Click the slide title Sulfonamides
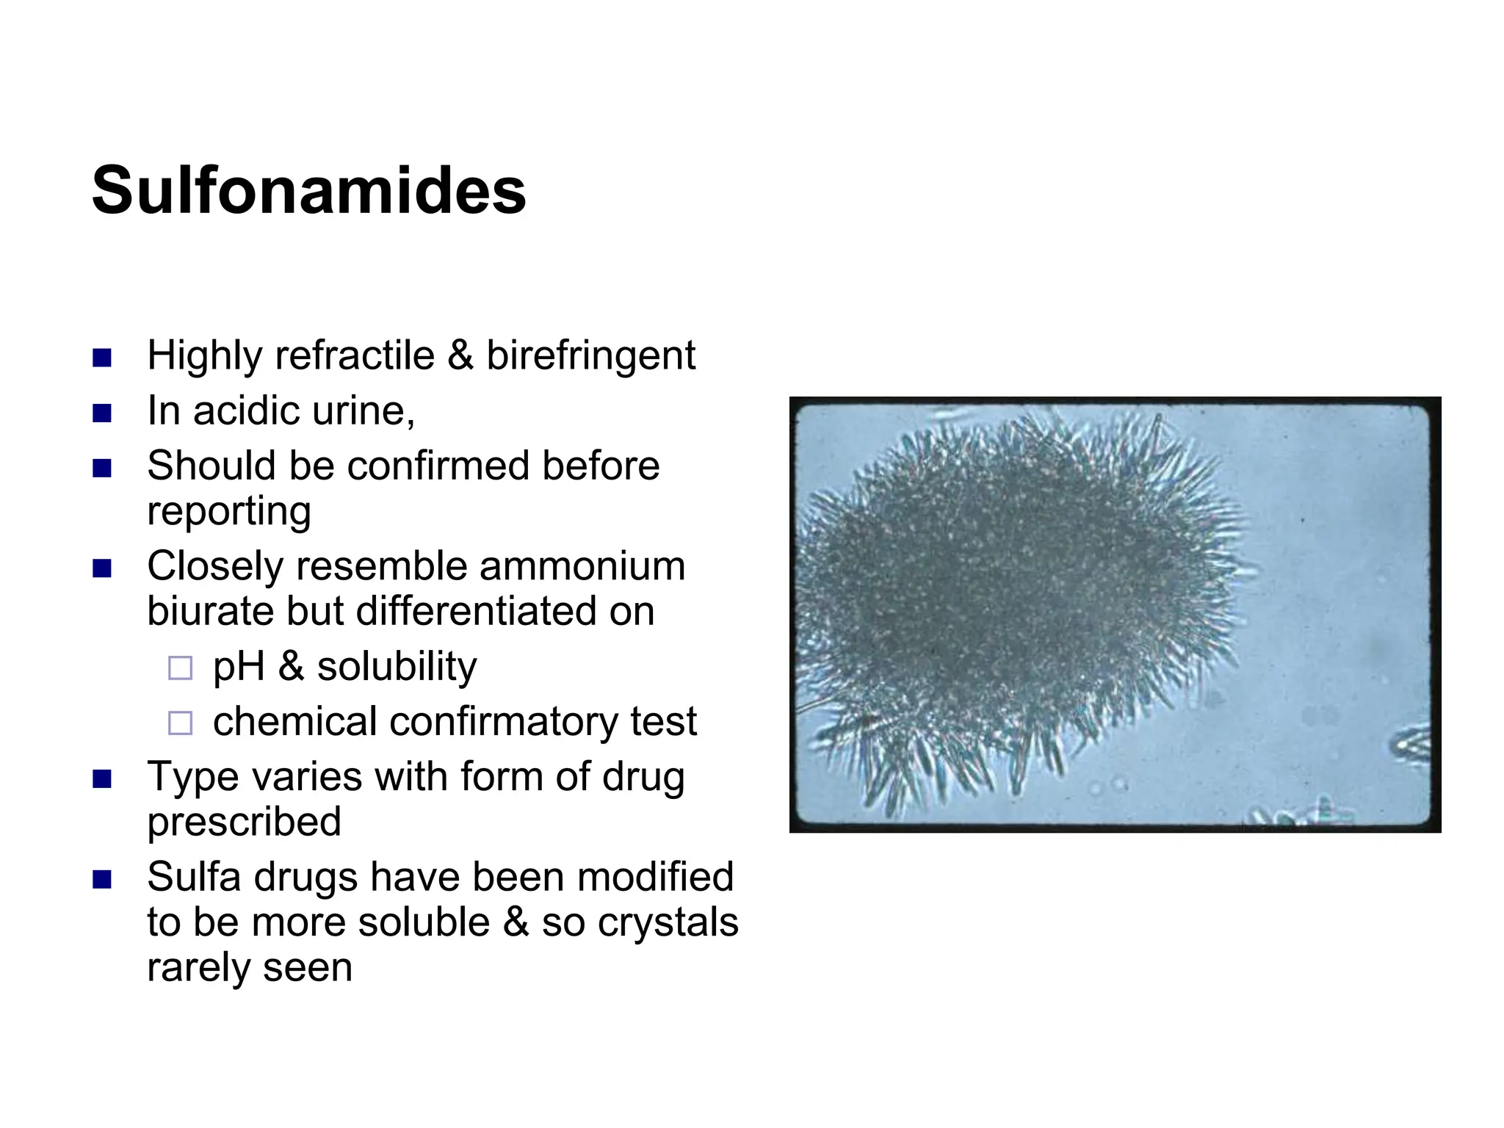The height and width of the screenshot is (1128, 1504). (x=308, y=191)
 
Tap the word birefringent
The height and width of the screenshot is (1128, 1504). (x=590, y=356)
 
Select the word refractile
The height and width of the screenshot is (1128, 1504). (x=355, y=356)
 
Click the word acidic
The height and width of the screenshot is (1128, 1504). (x=247, y=411)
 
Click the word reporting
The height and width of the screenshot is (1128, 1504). (x=229, y=512)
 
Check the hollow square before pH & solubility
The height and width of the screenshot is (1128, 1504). (x=180, y=668)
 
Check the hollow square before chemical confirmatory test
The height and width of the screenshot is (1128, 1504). (x=180, y=723)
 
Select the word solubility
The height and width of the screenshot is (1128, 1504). (x=397, y=667)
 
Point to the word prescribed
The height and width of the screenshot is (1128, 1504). (x=244, y=822)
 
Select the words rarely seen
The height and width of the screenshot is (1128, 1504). (x=250, y=968)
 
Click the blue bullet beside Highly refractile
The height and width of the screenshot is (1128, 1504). (x=102, y=358)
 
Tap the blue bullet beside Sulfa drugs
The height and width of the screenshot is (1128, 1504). (x=102, y=879)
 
